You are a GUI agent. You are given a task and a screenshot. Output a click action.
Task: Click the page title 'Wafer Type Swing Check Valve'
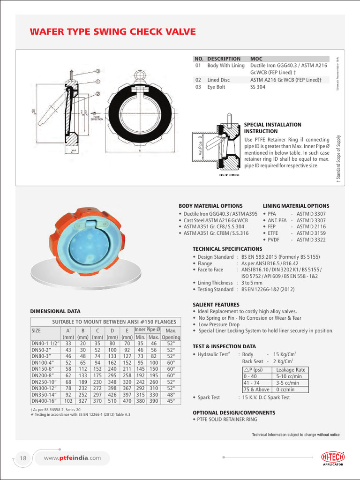click(x=112, y=32)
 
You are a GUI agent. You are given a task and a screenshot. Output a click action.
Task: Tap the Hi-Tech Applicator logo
click(x=332, y=458)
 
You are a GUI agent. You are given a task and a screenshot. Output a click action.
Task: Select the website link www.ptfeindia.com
click(x=72, y=458)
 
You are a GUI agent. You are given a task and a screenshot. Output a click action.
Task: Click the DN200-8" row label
click(x=43, y=375)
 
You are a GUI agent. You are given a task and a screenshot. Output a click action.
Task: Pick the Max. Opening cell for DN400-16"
click(x=171, y=401)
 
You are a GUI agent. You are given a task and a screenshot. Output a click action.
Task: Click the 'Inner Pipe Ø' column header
click(x=147, y=330)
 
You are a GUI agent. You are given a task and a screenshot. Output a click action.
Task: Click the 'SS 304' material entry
click(x=258, y=87)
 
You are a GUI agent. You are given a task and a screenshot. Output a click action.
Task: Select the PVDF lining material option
click(x=273, y=240)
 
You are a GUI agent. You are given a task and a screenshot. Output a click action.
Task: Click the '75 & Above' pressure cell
click(x=256, y=390)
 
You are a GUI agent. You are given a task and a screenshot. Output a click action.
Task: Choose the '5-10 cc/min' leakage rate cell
click(x=291, y=376)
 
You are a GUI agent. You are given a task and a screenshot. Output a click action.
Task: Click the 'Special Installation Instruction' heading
click(x=273, y=128)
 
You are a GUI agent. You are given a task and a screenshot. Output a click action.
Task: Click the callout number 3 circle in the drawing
click(x=97, y=71)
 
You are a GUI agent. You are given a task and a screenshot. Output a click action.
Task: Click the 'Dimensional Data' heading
click(x=55, y=311)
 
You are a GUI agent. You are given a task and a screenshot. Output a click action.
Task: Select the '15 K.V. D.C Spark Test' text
click(x=266, y=397)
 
